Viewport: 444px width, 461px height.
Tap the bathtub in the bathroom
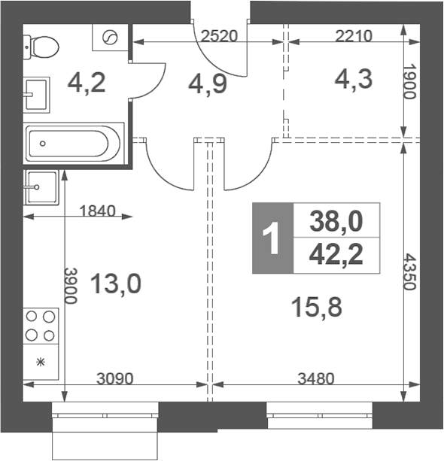[72, 142]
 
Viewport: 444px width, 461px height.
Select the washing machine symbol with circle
[111, 38]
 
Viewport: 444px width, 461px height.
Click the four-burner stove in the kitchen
[41, 326]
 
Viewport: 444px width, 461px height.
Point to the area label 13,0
[116, 284]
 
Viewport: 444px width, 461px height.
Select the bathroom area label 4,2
[87, 82]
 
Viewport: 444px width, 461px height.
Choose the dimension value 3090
[117, 378]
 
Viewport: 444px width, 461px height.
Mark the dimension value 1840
[97, 211]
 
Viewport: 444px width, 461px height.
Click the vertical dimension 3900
[70, 286]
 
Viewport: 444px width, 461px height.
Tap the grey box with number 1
[271, 238]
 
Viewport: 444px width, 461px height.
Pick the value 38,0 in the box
[336, 221]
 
